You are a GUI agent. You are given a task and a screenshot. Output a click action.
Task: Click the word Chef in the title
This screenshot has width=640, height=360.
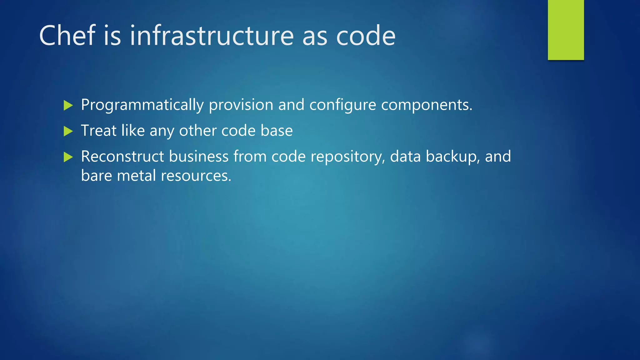tap(67, 36)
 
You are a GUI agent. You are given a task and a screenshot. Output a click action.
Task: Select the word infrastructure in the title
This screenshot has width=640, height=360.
tap(212, 36)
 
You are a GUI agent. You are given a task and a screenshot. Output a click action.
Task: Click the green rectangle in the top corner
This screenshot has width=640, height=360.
tap(566, 30)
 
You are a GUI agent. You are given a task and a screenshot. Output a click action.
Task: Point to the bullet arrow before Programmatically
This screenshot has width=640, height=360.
tap(68, 105)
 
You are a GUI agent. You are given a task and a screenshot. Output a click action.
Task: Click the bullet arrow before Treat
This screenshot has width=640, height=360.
tap(68, 131)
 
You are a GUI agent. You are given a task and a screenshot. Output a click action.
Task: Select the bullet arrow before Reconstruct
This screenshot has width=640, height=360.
tap(68, 157)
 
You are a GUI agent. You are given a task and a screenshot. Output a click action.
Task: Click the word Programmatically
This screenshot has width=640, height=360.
tap(142, 105)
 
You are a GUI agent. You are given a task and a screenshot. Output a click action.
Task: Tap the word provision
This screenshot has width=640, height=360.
tap(241, 105)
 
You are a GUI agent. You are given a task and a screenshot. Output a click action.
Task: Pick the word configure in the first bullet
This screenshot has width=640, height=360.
tap(342, 105)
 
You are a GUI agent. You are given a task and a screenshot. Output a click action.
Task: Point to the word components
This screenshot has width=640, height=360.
tap(427, 105)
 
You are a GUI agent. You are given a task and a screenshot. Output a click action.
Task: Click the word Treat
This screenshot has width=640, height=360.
tap(98, 131)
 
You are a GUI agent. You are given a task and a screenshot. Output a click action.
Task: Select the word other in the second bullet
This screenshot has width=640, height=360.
tap(197, 131)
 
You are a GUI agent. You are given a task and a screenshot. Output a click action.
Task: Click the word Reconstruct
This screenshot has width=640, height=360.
tap(122, 156)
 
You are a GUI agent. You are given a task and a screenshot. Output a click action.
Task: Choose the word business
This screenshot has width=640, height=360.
tap(199, 156)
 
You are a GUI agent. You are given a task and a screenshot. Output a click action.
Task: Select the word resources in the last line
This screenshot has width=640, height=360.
tap(196, 176)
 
